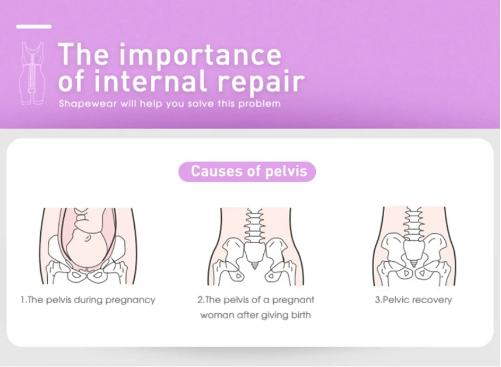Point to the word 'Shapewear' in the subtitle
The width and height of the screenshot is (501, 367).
tap(82, 104)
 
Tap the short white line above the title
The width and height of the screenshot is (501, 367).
tap(33, 26)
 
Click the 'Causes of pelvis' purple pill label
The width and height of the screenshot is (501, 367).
tap(247, 172)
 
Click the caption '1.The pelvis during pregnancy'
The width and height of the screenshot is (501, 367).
tap(88, 300)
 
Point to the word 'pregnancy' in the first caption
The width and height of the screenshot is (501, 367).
tap(131, 300)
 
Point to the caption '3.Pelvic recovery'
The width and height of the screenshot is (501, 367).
tap(413, 300)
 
